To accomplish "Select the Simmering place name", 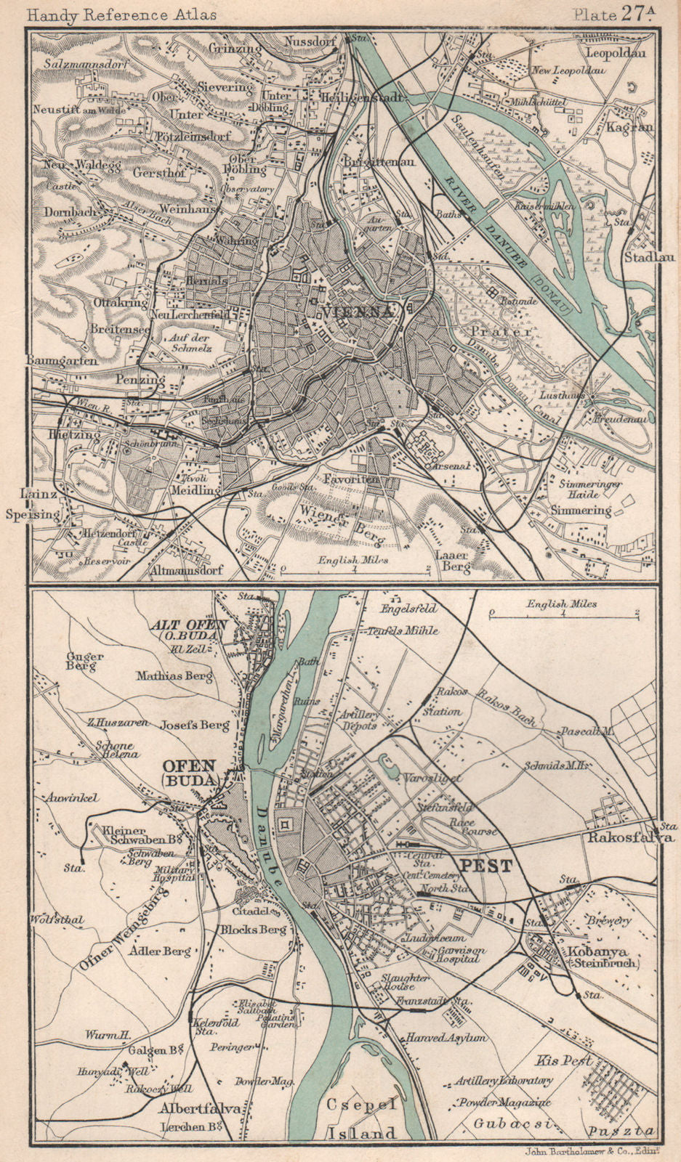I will [x=580, y=510].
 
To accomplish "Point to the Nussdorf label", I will [x=310, y=41].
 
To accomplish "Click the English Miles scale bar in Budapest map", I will [x=563, y=614].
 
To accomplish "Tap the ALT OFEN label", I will [x=189, y=625].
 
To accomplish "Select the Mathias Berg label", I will [x=175, y=676].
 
